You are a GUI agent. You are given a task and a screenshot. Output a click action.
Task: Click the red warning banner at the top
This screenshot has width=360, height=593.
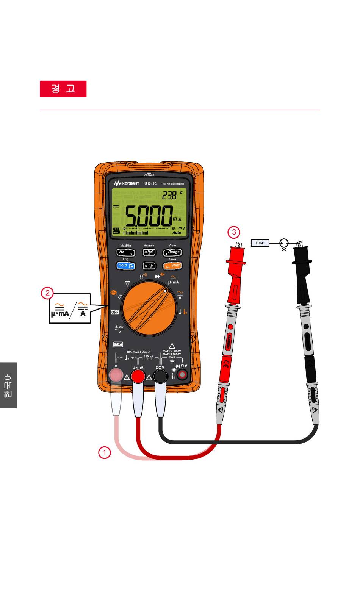63,89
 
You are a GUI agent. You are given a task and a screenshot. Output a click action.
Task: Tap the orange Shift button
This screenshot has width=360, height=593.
172,266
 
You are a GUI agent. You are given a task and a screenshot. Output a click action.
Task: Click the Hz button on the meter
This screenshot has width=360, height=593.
125,252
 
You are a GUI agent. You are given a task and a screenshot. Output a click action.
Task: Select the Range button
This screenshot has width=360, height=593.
172,252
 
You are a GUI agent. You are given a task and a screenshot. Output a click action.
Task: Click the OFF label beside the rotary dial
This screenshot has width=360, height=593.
115,312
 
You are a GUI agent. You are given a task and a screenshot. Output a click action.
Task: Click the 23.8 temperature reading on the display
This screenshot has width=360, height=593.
169,196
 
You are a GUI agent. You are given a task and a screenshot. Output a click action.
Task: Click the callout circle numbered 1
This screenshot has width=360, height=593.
104,452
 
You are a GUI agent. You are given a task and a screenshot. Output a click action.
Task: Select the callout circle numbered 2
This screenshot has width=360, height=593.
47,293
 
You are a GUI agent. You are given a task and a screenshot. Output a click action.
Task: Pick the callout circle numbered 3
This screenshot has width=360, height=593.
233,232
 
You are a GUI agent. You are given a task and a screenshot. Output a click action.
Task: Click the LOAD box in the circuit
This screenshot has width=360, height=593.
260,243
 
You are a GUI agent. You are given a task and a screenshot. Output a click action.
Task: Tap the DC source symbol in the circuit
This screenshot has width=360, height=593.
284,243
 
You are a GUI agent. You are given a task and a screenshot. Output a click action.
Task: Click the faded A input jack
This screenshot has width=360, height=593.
116,376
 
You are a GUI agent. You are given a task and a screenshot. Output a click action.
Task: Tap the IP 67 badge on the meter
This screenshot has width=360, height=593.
118,344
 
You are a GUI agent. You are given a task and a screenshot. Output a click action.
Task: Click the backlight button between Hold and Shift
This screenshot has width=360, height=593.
149,266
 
